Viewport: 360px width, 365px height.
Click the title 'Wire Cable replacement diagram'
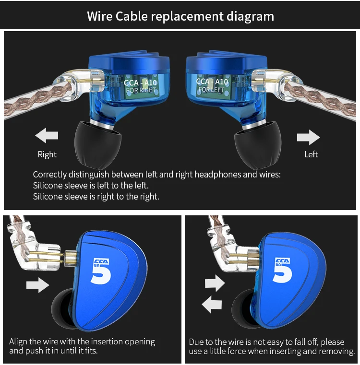(180, 16)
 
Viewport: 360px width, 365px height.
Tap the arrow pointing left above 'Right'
(47, 136)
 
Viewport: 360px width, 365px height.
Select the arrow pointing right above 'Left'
(308, 138)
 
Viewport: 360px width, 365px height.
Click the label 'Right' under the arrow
(47, 154)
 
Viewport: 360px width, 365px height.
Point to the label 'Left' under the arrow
(311, 154)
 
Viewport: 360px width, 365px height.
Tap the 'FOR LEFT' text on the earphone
(211, 90)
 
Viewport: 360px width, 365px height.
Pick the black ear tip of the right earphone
(95, 144)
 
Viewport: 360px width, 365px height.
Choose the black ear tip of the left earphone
(256, 144)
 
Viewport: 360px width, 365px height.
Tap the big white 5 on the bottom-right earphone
(283, 271)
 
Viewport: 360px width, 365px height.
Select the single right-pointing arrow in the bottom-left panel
(37, 285)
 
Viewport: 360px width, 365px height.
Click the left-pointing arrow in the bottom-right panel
(212, 304)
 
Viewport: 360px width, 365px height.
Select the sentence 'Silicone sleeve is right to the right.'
(96, 196)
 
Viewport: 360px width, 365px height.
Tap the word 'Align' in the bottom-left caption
(19, 342)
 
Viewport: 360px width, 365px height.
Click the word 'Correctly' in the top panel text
(50, 175)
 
